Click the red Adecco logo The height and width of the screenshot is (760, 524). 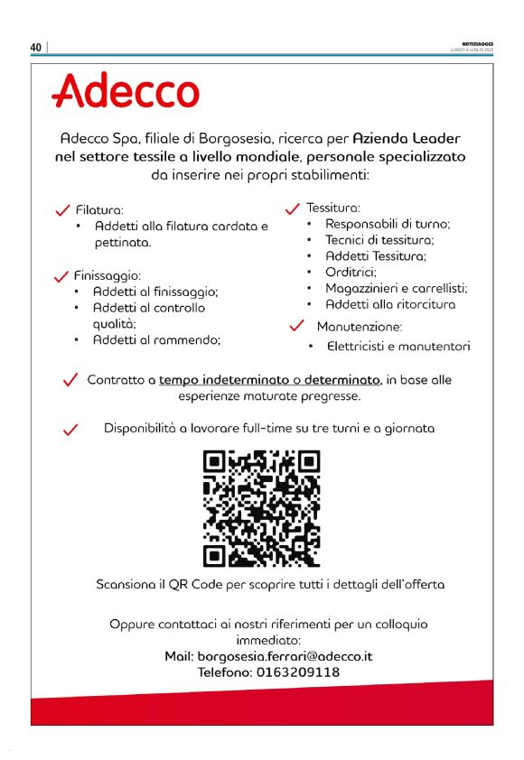pos(126,91)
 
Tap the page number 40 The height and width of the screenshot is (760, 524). pos(36,48)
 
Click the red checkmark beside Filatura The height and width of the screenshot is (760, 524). pos(63,210)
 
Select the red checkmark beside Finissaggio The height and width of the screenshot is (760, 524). pos(62,275)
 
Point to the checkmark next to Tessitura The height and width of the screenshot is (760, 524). pos(292,209)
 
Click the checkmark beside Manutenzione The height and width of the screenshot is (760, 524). pos(296,325)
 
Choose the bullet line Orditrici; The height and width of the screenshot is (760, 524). pos(351,272)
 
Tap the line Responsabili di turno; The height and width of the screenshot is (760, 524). pos(388,224)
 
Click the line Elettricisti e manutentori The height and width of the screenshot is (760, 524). pos(398,346)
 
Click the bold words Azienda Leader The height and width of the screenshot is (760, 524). pos(407,139)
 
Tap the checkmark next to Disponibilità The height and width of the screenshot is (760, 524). pos(70,430)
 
